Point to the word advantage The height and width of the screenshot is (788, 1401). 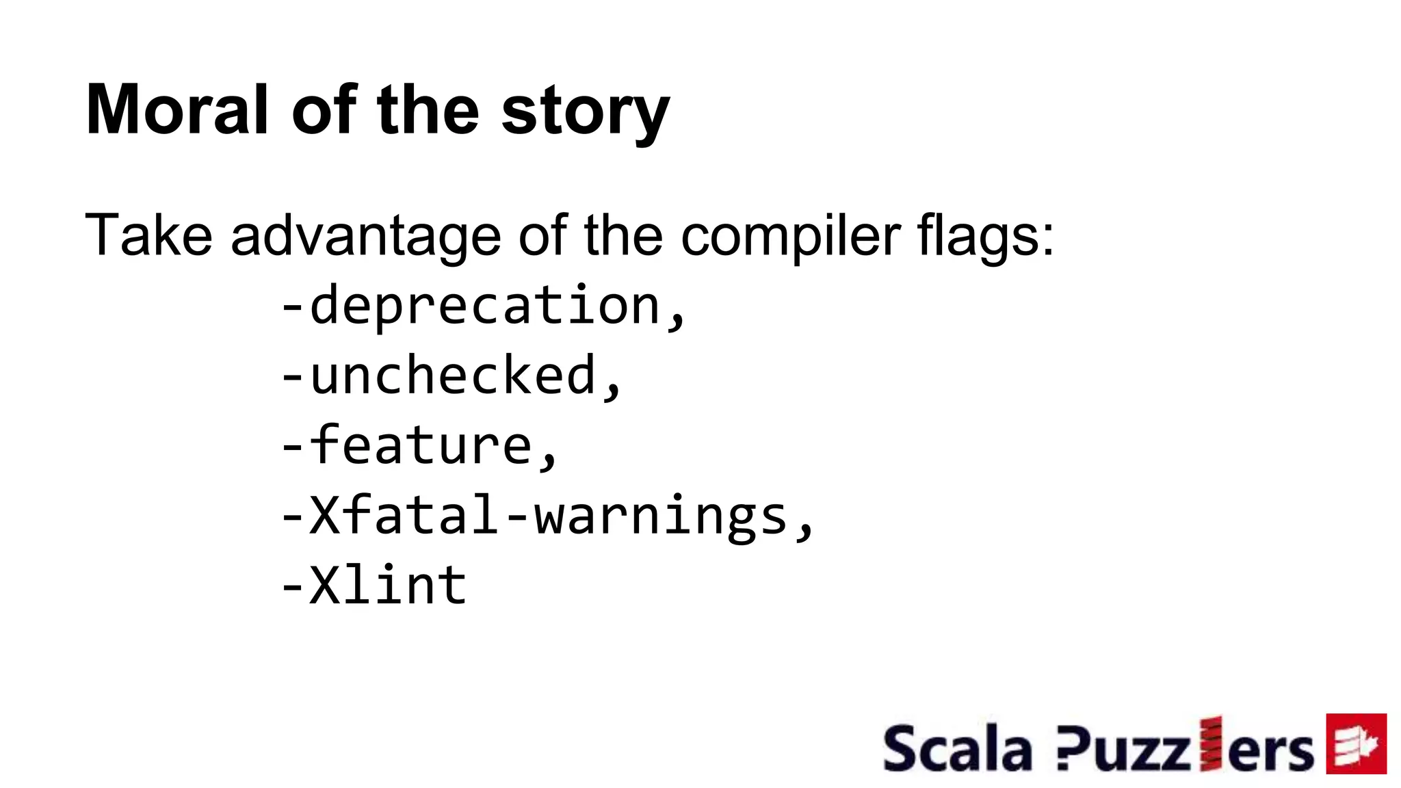(x=365, y=237)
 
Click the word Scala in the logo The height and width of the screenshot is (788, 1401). (x=957, y=749)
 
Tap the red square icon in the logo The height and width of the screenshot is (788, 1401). (x=1356, y=744)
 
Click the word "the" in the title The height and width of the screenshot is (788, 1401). (x=428, y=110)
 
